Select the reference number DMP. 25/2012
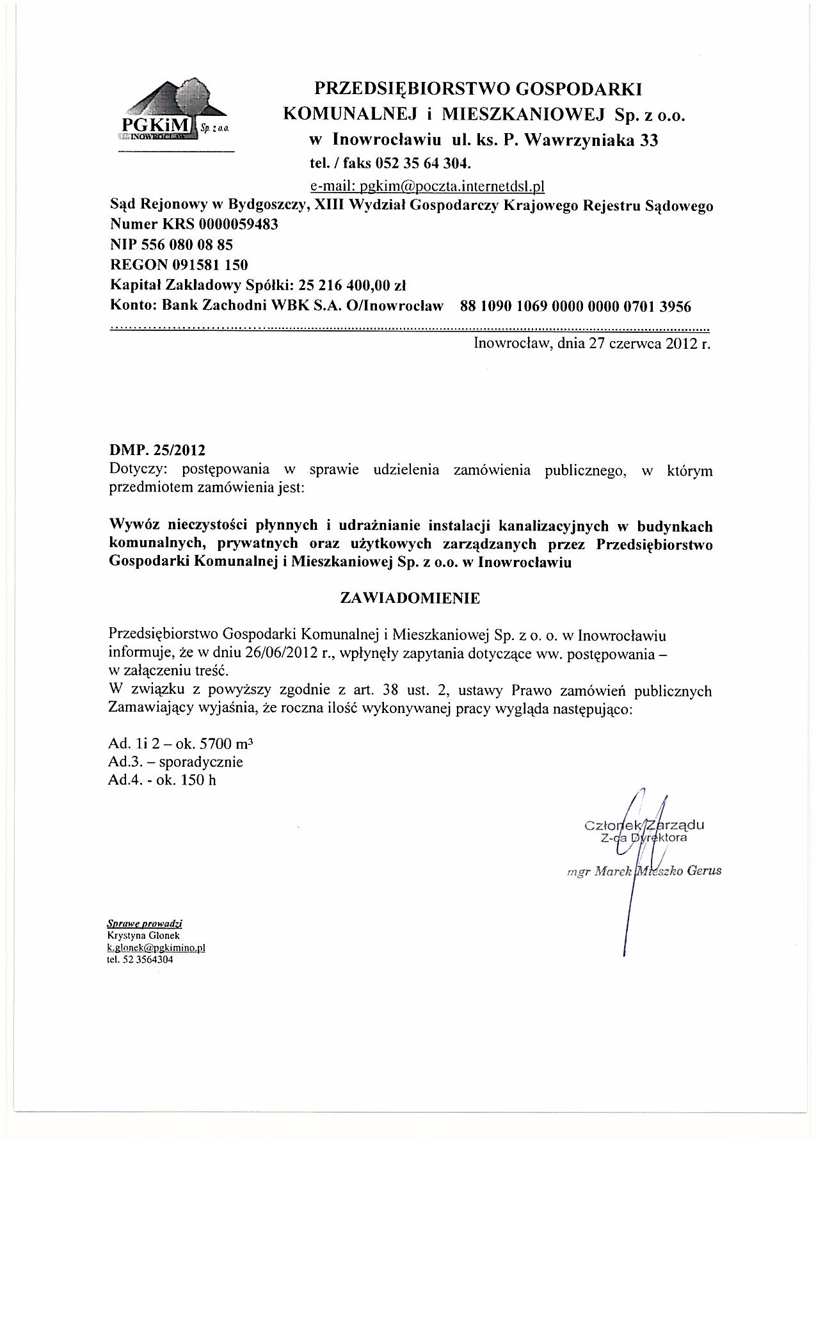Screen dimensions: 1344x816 tap(157, 451)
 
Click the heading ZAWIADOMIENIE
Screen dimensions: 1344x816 tap(410, 598)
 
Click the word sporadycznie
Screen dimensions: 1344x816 tap(200, 762)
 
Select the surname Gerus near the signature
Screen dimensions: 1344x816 tap(704, 871)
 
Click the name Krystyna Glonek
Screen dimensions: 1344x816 tap(135, 934)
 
